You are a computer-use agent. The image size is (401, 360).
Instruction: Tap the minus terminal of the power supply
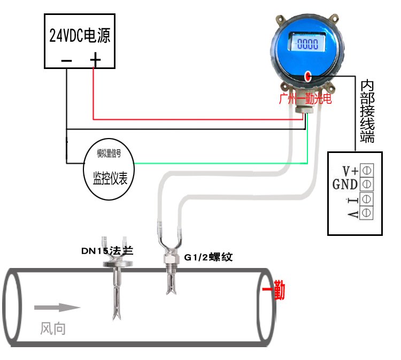click(x=67, y=60)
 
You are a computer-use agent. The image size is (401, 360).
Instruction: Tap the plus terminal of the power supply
click(x=95, y=60)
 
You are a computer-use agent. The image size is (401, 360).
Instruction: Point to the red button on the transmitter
click(x=308, y=76)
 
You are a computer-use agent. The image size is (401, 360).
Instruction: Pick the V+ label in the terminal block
click(x=350, y=171)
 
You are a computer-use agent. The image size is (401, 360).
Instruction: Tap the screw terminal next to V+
click(x=367, y=171)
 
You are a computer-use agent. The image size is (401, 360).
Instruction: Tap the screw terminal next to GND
click(x=367, y=185)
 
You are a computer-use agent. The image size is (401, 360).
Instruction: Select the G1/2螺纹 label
click(x=209, y=257)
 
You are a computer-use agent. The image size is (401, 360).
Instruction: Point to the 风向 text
click(x=53, y=328)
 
